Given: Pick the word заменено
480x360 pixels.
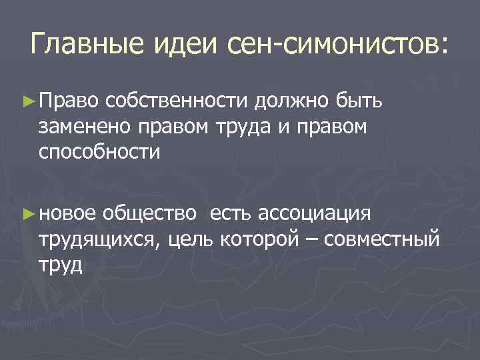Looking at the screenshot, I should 85,127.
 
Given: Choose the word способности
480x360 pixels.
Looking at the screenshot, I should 99,151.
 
